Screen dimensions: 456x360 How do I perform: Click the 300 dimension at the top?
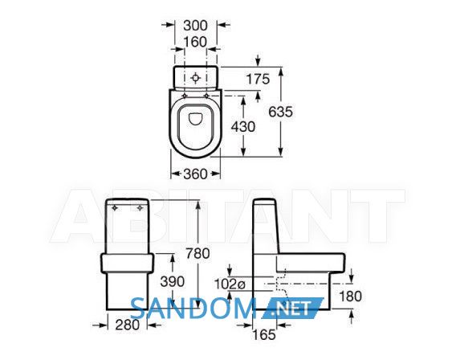click(x=195, y=26)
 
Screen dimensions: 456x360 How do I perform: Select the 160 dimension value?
click(x=195, y=42)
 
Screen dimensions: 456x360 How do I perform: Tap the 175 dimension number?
click(x=258, y=79)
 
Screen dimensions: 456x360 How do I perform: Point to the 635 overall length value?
click(x=280, y=112)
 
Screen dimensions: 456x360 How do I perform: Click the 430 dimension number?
click(x=243, y=127)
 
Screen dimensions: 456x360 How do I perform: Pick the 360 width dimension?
click(x=195, y=174)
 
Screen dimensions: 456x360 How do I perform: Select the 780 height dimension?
click(x=197, y=253)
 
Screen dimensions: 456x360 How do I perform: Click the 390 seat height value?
click(x=173, y=282)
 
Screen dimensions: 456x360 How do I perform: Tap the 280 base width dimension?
click(x=128, y=325)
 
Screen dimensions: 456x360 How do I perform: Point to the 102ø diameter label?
click(x=230, y=284)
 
